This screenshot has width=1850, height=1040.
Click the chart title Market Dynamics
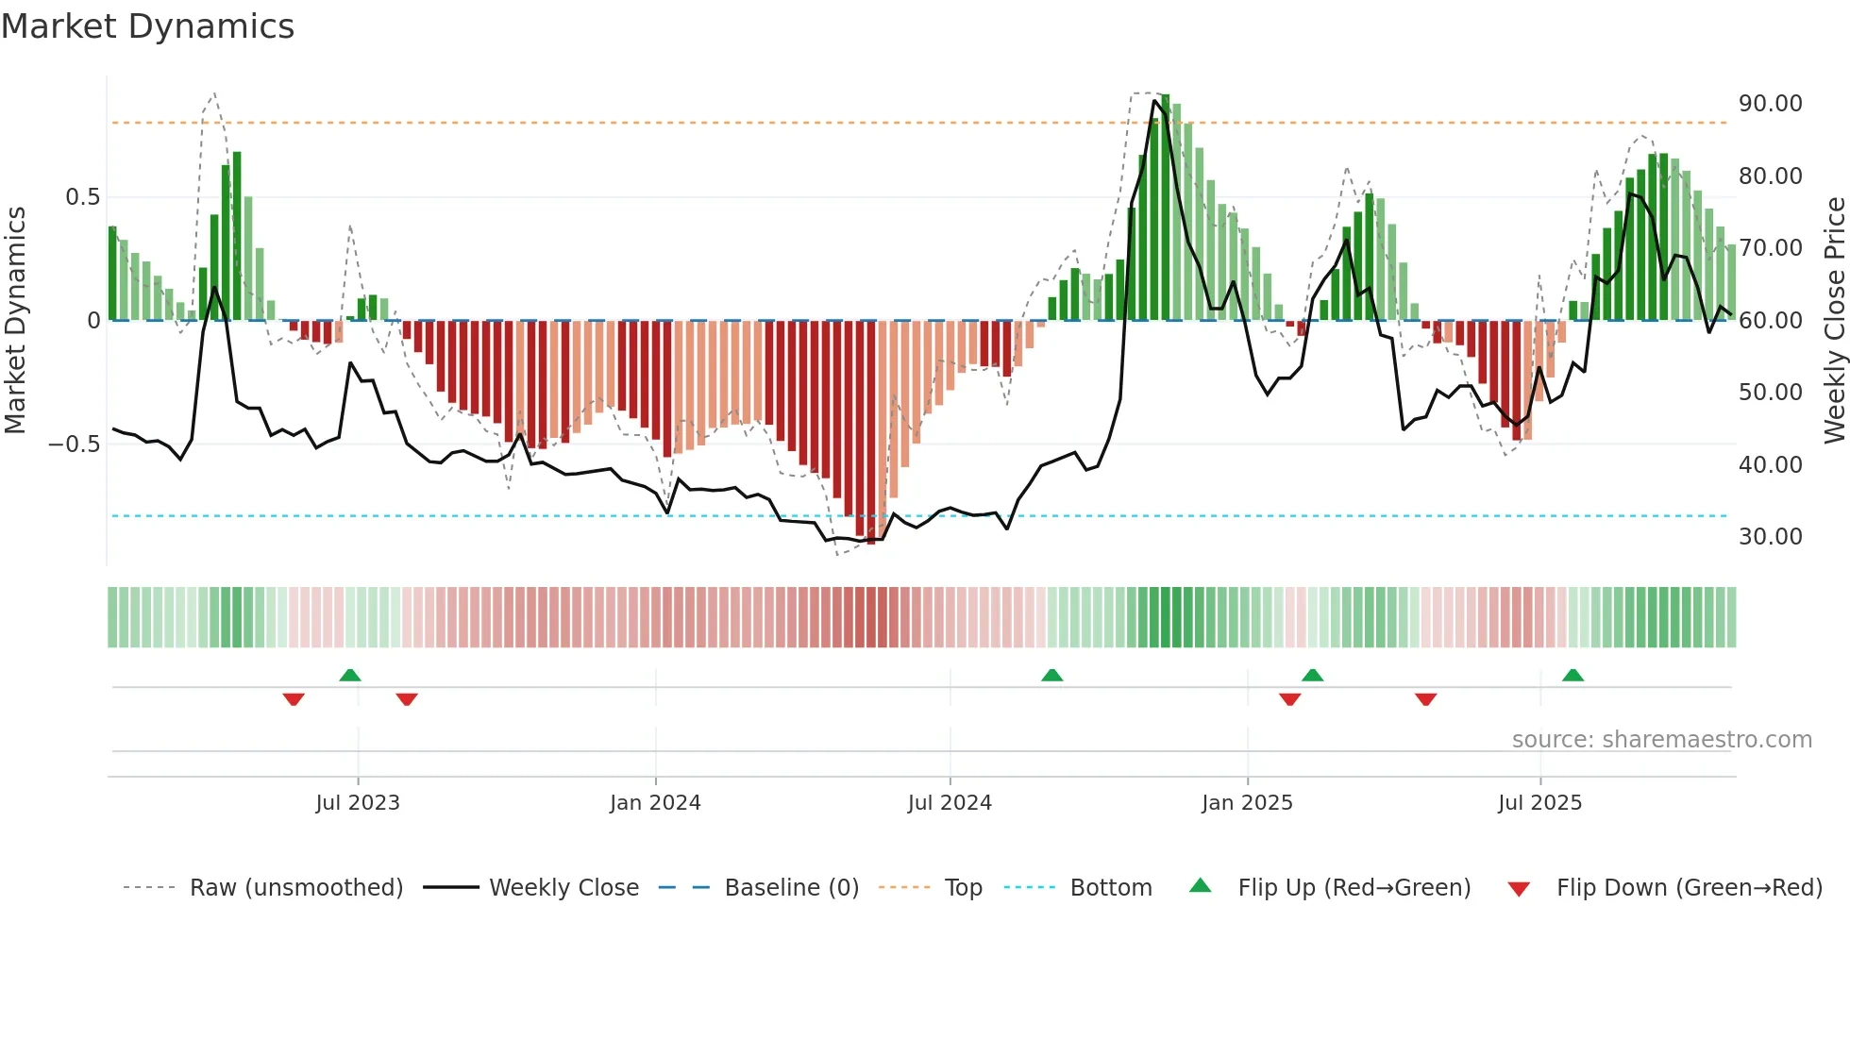pos(147,26)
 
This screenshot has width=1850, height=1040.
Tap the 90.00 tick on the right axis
pos(1770,104)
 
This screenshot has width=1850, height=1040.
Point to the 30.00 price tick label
pos(1770,537)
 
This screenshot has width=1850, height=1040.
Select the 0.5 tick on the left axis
pos(82,197)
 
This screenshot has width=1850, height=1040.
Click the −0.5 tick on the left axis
pos(74,445)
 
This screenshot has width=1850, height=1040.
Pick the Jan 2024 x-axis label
pos(655,803)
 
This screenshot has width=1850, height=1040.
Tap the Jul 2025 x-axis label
pos(1539,803)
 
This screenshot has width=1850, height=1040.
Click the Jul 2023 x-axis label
pos(358,803)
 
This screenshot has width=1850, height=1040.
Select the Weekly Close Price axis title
pos(1834,320)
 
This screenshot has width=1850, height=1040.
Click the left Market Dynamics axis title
pos(15,320)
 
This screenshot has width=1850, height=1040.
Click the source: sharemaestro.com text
pos(1661,740)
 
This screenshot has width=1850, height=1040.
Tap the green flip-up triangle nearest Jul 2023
pos(350,676)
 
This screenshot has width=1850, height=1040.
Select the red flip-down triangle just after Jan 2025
pos(1290,699)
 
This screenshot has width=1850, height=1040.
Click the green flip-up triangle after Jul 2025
pos(1572,676)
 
